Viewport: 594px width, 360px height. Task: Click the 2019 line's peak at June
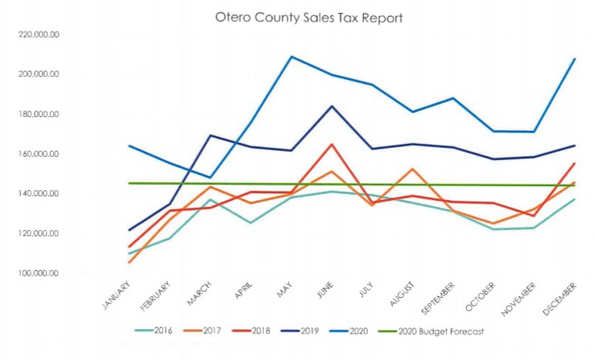point(332,106)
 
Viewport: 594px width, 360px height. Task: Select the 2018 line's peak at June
point(332,144)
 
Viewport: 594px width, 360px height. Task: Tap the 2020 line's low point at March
point(210,178)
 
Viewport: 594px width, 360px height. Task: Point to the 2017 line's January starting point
point(128,262)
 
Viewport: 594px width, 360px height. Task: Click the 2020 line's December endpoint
point(574,59)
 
